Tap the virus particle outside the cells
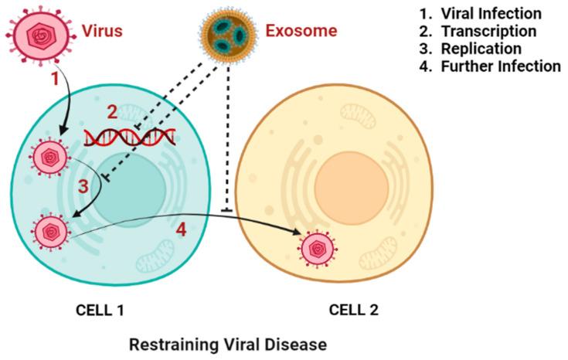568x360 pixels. point(37,36)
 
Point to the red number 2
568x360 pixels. point(113,111)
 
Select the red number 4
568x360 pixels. point(179,230)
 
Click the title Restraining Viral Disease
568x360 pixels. point(226,344)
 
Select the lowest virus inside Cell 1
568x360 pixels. point(53,231)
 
